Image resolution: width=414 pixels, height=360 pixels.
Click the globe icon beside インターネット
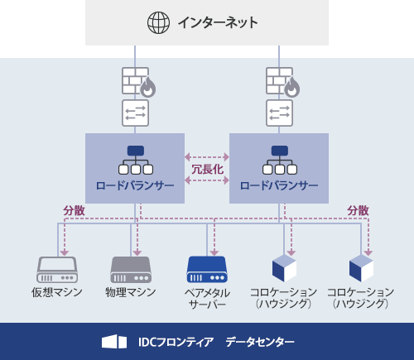click(158, 22)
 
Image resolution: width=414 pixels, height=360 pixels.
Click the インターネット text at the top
click(217, 22)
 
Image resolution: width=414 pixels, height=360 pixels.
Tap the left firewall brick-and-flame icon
click(138, 81)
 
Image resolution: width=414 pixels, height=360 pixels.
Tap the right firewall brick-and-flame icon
click(282, 81)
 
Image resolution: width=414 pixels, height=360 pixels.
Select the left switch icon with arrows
click(135, 112)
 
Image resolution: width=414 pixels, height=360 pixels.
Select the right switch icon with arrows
click(279, 112)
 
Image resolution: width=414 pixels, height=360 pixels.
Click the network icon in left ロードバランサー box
click(135, 159)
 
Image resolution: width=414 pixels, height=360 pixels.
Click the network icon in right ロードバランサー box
click(279, 159)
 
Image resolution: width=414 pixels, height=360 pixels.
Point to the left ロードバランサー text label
click(135, 185)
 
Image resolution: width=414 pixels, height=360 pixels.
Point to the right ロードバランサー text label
click(279, 185)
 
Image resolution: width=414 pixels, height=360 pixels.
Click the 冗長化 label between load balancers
click(207, 169)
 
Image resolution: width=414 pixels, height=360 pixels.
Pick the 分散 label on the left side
click(74, 210)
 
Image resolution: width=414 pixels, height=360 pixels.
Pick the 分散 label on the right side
click(358, 210)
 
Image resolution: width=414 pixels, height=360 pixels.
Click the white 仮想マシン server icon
click(57, 269)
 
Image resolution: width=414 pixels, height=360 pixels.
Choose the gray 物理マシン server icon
click(131, 269)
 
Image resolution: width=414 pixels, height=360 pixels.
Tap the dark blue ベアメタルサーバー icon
click(206, 269)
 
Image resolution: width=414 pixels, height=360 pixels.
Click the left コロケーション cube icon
click(284, 268)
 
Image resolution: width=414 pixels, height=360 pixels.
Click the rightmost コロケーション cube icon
click(361, 268)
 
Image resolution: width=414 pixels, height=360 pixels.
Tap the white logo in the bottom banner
click(114, 342)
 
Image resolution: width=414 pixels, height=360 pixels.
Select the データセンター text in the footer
click(259, 342)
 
